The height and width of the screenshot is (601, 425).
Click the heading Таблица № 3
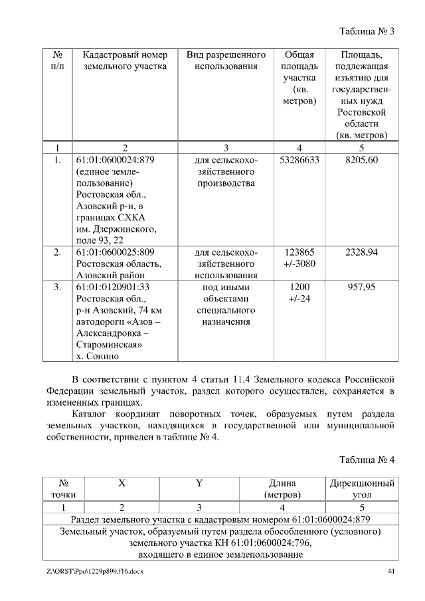click(x=367, y=31)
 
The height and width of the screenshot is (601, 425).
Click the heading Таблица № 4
click(x=367, y=460)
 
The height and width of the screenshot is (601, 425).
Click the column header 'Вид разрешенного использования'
click(x=226, y=60)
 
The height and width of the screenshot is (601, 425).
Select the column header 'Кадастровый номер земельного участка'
click(x=121, y=60)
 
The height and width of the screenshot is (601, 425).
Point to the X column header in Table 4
click(x=122, y=483)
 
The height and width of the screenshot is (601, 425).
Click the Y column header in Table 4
click(x=199, y=483)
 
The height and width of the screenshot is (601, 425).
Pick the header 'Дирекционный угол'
click(x=362, y=489)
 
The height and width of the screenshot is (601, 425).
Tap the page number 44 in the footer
click(x=391, y=572)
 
